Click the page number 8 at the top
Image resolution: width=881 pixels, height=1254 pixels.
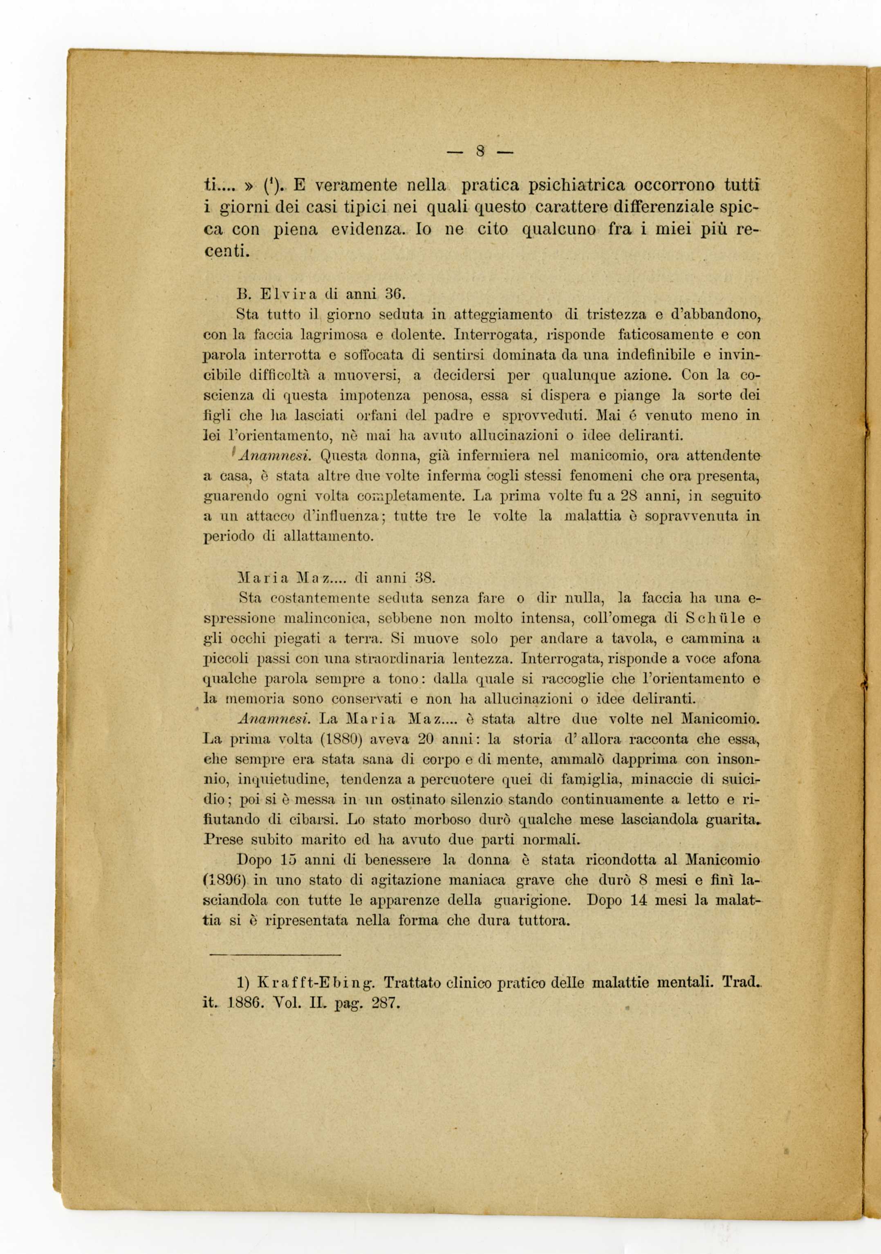(x=481, y=150)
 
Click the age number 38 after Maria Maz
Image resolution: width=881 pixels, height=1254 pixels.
(x=424, y=577)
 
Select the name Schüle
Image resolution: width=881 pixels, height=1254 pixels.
(x=715, y=618)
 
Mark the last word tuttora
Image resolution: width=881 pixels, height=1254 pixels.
(x=543, y=920)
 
